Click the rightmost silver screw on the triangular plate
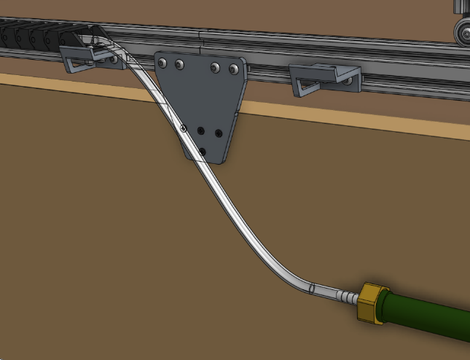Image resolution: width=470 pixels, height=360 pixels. click(234, 69)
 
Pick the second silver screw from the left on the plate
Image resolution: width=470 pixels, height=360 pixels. click(179, 65)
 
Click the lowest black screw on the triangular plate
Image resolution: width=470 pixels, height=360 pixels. click(203, 150)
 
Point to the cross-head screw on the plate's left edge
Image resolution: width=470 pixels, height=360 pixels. click(183, 128)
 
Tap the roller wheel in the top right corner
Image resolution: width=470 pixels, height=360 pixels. click(462, 31)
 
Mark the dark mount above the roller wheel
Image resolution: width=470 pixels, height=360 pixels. click(461, 7)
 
